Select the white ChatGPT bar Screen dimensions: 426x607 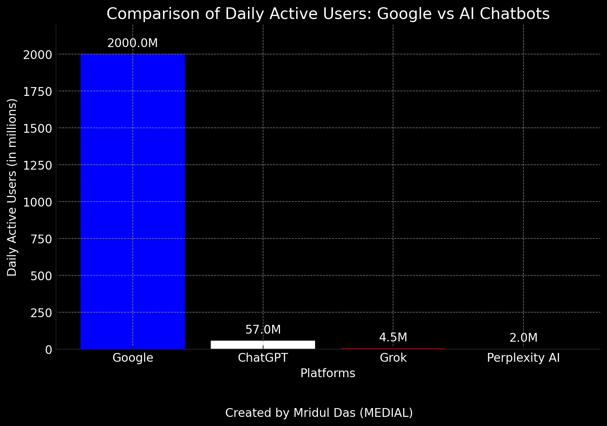(x=263, y=345)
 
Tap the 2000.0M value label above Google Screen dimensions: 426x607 (x=132, y=43)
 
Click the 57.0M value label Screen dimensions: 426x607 (x=263, y=330)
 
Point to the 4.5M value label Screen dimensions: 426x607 (x=393, y=337)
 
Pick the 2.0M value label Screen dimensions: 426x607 (x=523, y=338)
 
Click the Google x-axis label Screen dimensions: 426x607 (x=133, y=358)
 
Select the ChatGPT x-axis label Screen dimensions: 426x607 (x=263, y=358)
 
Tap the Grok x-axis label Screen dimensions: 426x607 (x=393, y=358)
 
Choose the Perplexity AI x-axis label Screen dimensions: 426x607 (x=523, y=358)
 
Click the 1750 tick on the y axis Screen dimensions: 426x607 (x=37, y=92)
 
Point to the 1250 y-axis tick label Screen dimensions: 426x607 (x=37, y=165)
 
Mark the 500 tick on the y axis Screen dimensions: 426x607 (x=41, y=276)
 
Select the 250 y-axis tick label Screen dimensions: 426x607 (x=41, y=313)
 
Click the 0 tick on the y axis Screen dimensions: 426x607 (x=48, y=350)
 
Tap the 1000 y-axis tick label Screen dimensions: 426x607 (x=37, y=202)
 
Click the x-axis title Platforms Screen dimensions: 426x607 (x=328, y=373)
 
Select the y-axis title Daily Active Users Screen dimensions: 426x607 (x=12, y=187)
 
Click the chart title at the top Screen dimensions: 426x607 (x=328, y=14)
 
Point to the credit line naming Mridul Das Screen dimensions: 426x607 (x=319, y=413)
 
